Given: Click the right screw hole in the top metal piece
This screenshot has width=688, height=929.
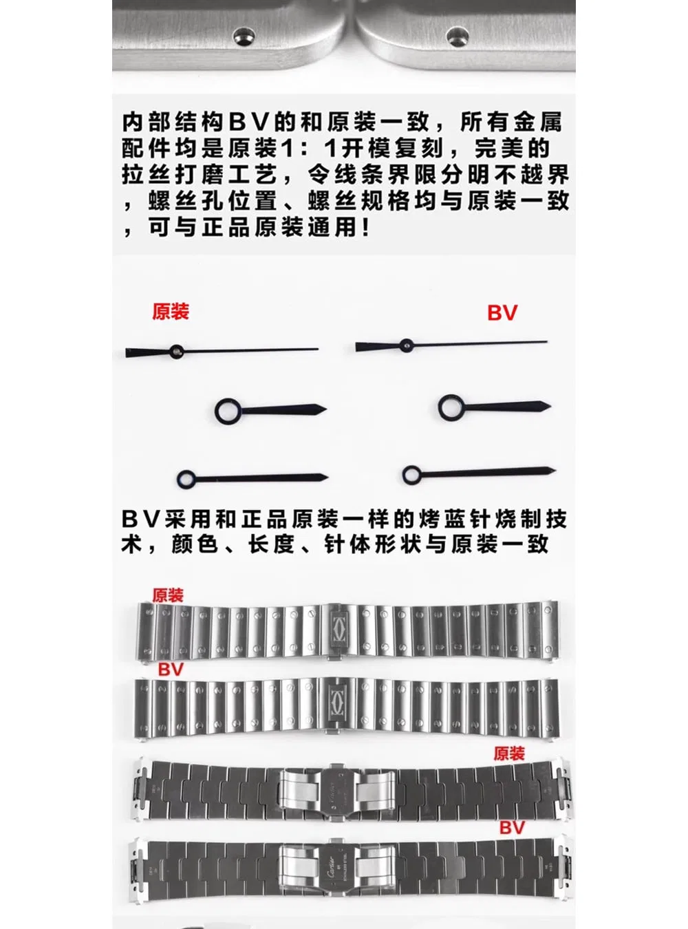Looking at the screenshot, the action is click(x=456, y=34).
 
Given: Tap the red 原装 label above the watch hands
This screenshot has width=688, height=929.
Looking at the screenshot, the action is click(x=171, y=312).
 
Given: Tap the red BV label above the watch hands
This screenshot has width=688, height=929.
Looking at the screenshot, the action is click(x=502, y=312).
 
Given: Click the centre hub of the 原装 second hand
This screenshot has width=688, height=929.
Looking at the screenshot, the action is click(x=177, y=351).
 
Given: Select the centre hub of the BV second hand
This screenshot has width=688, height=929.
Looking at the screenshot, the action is click(x=406, y=345).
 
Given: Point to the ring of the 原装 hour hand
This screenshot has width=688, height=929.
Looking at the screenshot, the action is click(x=228, y=409).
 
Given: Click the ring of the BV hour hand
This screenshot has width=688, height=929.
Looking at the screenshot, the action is click(x=452, y=407).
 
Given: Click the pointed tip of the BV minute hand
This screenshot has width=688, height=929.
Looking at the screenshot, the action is click(x=555, y=471).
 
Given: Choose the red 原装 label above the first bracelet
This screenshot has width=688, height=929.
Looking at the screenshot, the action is click(x=167, y=595).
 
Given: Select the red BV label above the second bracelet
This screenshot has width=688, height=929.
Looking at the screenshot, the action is click(x=171, y=670).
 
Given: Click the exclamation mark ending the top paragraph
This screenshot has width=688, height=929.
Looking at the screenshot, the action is click(x=367, y=228).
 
